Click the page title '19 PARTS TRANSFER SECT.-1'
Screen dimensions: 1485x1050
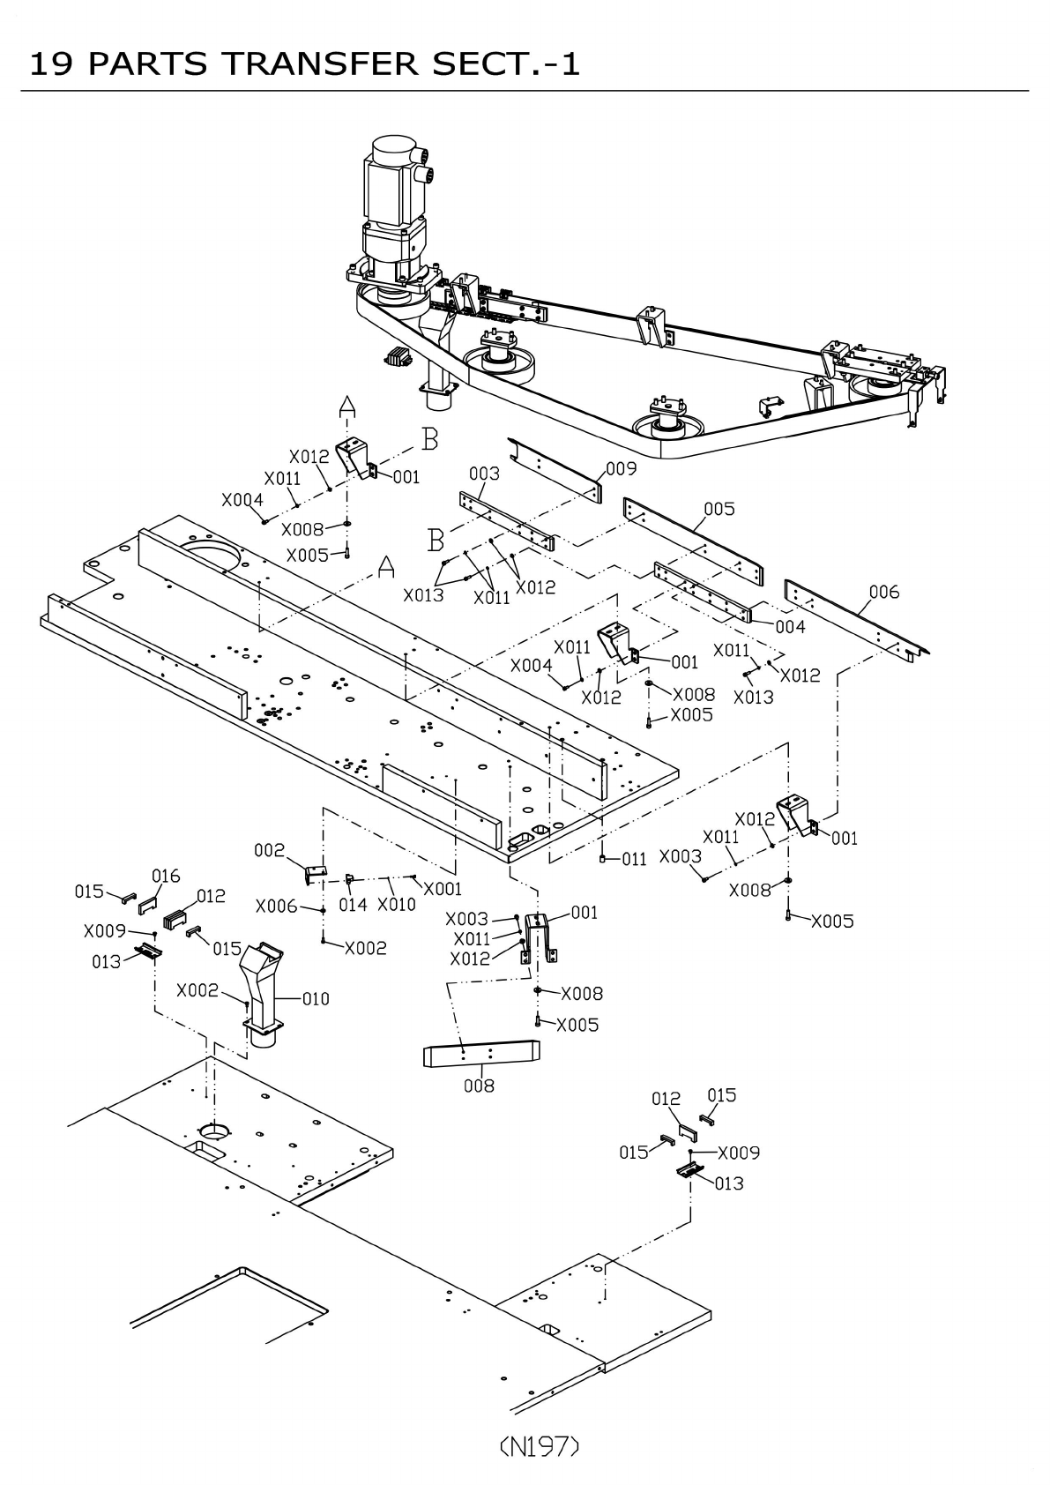[x=305, y=63]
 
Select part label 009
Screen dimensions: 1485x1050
[x=621, y=469]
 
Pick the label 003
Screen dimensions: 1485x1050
[x=484, y=474]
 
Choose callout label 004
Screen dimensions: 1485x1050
[x=790, y=627]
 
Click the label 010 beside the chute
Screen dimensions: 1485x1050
[x=315, y=998]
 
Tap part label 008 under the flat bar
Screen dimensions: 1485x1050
[x=479, y=1086]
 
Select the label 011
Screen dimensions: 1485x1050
[x=634, y=859]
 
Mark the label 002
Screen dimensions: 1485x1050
[x=269, y=850]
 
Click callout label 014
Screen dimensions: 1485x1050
[x=353, y=905]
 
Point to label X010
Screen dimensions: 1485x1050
[x=396, y=905]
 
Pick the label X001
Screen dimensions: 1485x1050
[x=443, y=889]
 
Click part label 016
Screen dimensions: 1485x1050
[x=166, y=876]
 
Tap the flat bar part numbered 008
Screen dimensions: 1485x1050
[x=481, y=1053]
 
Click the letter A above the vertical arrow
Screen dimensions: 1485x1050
[x=347, y=406]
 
